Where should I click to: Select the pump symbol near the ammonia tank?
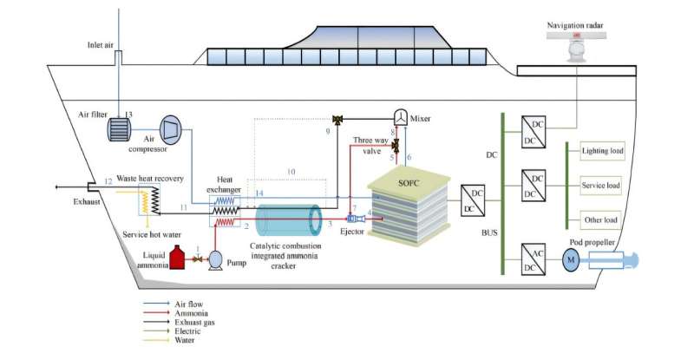coord(215,258)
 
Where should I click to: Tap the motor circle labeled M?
coord(571,259)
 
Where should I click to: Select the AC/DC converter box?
coord(533,258)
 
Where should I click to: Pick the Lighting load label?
coord(603,150)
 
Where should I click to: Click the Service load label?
coord(601,186)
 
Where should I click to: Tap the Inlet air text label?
coord(101,44)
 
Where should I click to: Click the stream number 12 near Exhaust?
coord(108,181)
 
